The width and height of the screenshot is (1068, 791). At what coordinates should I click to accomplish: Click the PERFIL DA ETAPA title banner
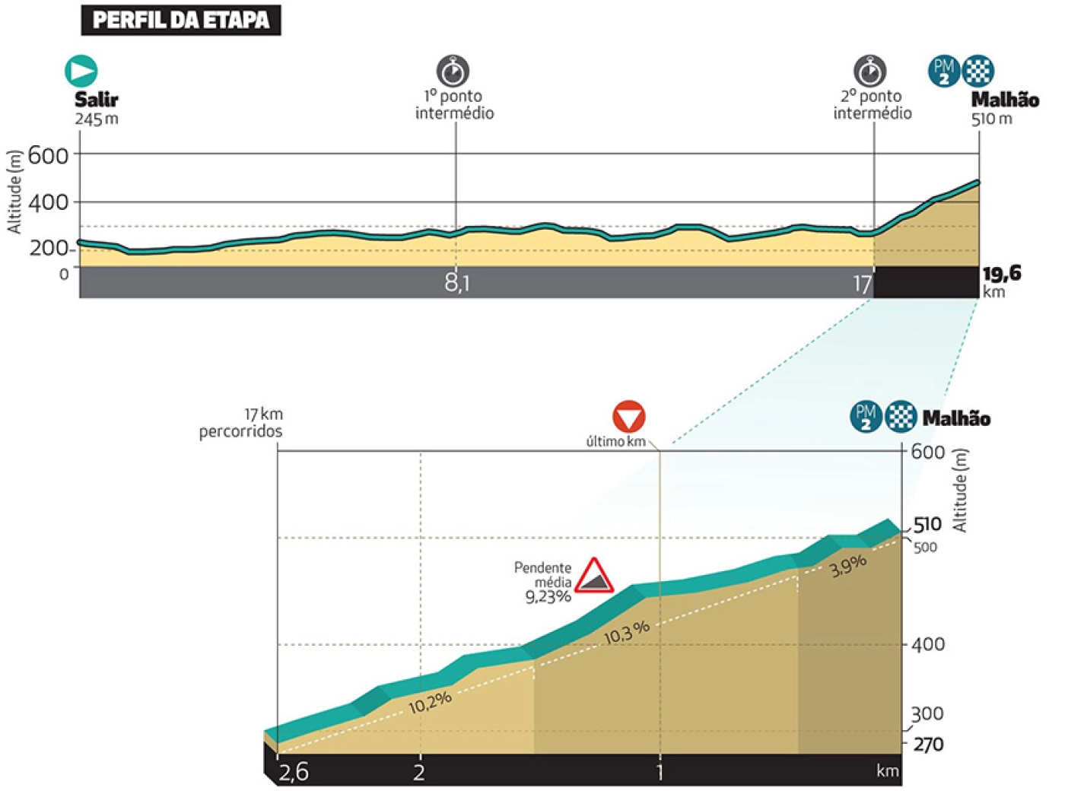(180, 20)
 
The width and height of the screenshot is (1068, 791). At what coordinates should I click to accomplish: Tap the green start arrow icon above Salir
(81, 71)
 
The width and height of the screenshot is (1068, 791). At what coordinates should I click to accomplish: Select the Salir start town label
(96, 100)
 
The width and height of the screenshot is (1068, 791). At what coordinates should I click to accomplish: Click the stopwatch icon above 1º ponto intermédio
(453, 71)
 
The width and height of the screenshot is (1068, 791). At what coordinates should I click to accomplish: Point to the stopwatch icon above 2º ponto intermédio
(869, 71)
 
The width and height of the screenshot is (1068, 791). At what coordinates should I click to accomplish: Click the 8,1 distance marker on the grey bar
(456, 283)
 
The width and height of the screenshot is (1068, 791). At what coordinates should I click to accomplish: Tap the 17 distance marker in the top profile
(861, 284)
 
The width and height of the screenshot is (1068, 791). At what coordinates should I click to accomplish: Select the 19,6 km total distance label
(1001, 275)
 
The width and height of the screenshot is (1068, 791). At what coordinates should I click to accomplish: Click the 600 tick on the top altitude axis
(49, 155)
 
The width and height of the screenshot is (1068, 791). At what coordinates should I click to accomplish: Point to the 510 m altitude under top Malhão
(991, 119)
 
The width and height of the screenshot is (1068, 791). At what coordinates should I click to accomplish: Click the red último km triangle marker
(629, 416)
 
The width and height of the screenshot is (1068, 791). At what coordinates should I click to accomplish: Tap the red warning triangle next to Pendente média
(594, 576)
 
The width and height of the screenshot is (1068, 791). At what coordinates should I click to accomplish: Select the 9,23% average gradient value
(548, 596)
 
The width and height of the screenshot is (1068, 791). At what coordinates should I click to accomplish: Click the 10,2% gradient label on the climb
(431, 701)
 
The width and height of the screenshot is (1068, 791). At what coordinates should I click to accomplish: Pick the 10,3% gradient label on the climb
(627, 631)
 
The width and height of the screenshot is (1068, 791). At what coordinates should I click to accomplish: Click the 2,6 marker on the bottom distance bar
(294, 773)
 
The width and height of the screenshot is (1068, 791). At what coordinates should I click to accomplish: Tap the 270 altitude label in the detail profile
(928, 744)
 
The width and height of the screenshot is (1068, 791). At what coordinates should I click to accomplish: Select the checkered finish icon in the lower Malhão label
(901, 417)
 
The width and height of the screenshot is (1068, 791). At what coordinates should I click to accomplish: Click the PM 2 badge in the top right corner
(943, 71)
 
